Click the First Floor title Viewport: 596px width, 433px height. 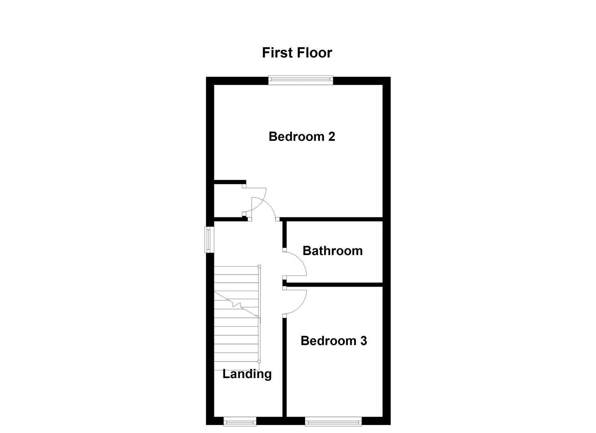click(297, 53)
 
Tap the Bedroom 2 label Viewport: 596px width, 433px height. click(301, 136)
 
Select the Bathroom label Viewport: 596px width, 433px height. click(332, 251)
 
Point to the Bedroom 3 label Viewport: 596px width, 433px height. click(334, 341)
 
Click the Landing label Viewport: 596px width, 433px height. click(247, 374)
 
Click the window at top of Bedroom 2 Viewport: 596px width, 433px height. click(301, 80)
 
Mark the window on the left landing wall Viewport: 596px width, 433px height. click(209, 240)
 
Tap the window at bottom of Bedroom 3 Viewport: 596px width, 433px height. click(333, 421)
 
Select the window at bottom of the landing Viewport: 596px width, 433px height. click(240, 421)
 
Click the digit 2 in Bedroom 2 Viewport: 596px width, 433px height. click(331, 136)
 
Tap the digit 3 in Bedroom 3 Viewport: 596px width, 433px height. click(363, 341)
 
